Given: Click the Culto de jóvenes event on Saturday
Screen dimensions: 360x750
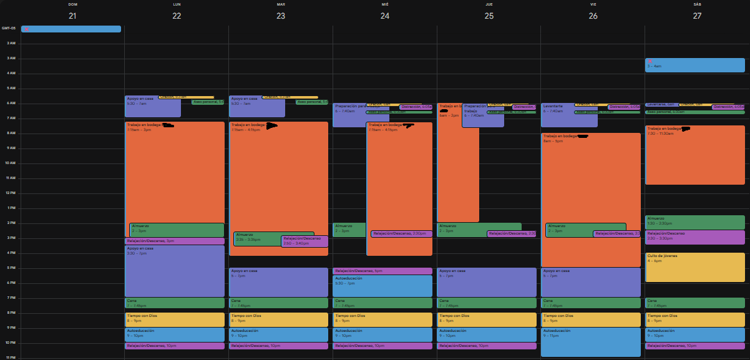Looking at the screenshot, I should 694,267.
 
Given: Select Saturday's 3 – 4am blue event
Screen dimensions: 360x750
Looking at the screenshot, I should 694,65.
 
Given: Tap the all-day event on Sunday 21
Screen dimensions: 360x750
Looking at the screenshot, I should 71,29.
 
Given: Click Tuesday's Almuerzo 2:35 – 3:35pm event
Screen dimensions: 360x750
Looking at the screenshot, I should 256,238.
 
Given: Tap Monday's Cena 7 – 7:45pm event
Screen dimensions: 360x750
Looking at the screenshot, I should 174,303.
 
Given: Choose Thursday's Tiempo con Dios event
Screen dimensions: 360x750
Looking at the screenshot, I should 486,319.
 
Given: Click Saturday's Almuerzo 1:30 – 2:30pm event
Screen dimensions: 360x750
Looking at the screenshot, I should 694,222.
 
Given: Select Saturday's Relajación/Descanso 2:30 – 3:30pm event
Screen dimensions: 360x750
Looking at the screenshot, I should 694,237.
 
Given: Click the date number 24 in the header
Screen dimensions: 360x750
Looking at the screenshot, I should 385,16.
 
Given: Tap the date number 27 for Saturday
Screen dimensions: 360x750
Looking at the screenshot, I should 697,16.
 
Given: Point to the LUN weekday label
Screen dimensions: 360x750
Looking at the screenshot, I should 177,4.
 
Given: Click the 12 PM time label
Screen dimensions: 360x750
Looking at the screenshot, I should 11,193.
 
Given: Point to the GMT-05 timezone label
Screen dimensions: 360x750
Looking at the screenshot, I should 9,28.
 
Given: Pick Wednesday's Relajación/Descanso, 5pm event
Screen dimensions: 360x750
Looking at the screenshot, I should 382,271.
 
